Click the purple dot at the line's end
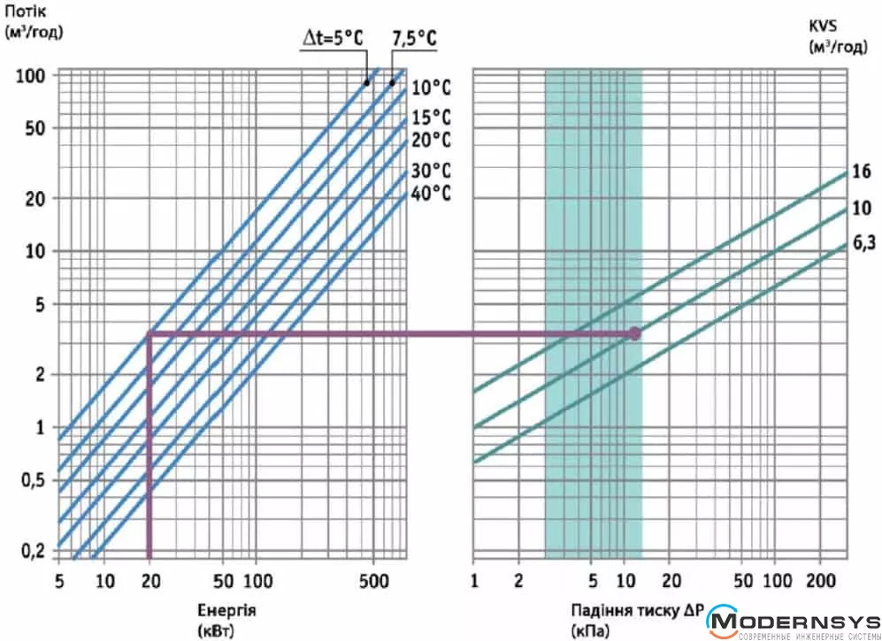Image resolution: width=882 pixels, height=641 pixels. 634,333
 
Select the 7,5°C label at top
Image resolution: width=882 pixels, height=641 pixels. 414,39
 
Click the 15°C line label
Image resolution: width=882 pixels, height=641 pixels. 430,118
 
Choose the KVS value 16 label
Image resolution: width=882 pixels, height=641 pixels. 862,172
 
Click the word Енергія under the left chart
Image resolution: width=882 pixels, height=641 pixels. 230,610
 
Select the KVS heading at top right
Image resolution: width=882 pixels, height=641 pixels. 824,27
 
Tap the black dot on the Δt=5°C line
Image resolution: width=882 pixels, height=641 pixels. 366,82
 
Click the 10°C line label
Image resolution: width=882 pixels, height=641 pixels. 430,88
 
